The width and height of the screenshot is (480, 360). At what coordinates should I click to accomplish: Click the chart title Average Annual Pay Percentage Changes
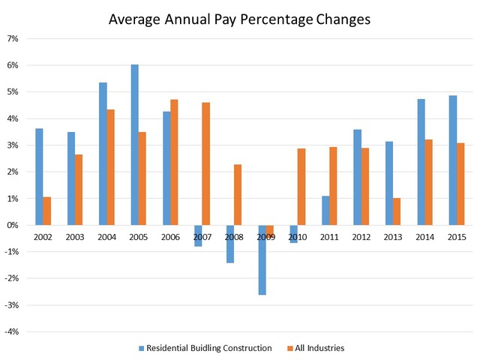[240, 19]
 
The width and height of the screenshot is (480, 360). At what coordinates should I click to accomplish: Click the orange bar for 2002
[47, 211]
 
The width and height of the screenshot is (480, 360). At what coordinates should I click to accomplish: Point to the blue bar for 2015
[452, 160]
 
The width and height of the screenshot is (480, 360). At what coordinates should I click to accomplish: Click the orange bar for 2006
[175, 162]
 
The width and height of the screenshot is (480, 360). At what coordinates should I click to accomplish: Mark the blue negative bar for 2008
[230, 244]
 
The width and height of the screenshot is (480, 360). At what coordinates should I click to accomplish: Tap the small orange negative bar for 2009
[270, 229]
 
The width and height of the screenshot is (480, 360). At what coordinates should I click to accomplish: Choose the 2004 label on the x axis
[106, 237]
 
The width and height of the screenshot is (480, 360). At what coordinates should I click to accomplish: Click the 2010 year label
[298, 237]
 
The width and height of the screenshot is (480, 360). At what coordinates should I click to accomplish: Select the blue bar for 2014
[421, 162]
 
